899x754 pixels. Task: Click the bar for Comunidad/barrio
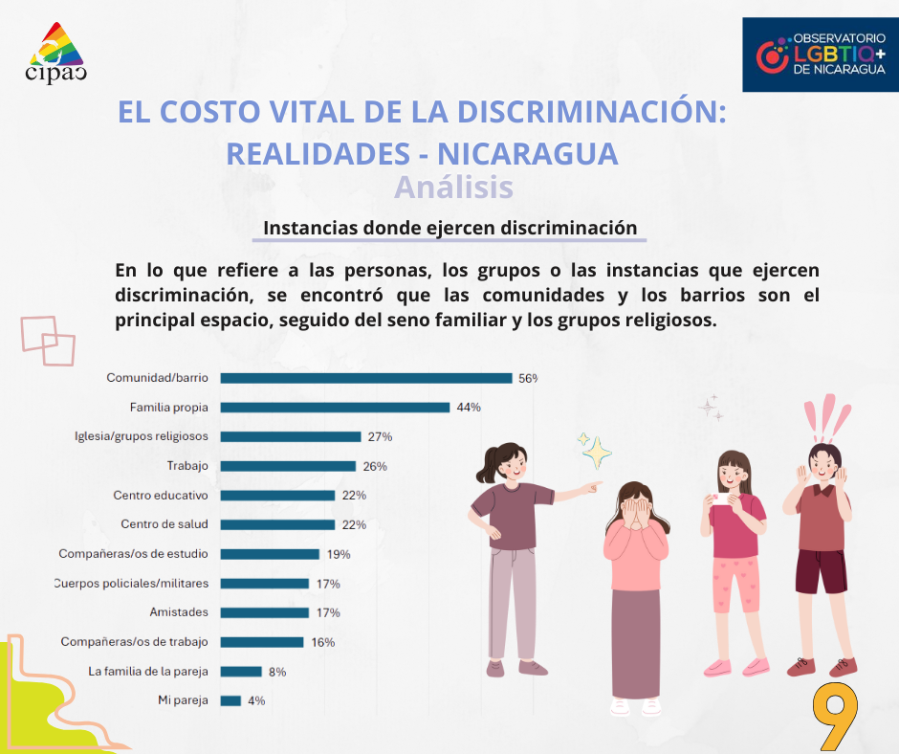click(x=366, y=378)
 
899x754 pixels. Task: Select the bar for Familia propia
click(x=335, y=408)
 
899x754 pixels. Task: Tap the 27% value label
click(x=380, y=436)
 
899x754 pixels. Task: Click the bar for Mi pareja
click(x=230, y=700)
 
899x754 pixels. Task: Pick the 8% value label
click(x=277, y=672)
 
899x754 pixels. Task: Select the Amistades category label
click(x=179, y=612)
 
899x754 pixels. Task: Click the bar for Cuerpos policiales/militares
click(x=265, y=584)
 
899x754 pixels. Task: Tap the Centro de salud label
click(x=164, y=524)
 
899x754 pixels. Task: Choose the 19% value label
click(x=338, y=554)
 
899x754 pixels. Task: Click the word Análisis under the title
click(x=453, y=188)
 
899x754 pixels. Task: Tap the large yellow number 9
click(x=834, y=716)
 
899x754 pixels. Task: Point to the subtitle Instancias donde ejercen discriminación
click(x=449, y=229)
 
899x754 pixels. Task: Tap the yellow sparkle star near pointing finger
click(x=597, y=451)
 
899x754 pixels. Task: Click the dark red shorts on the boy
click(x=821, y=568)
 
